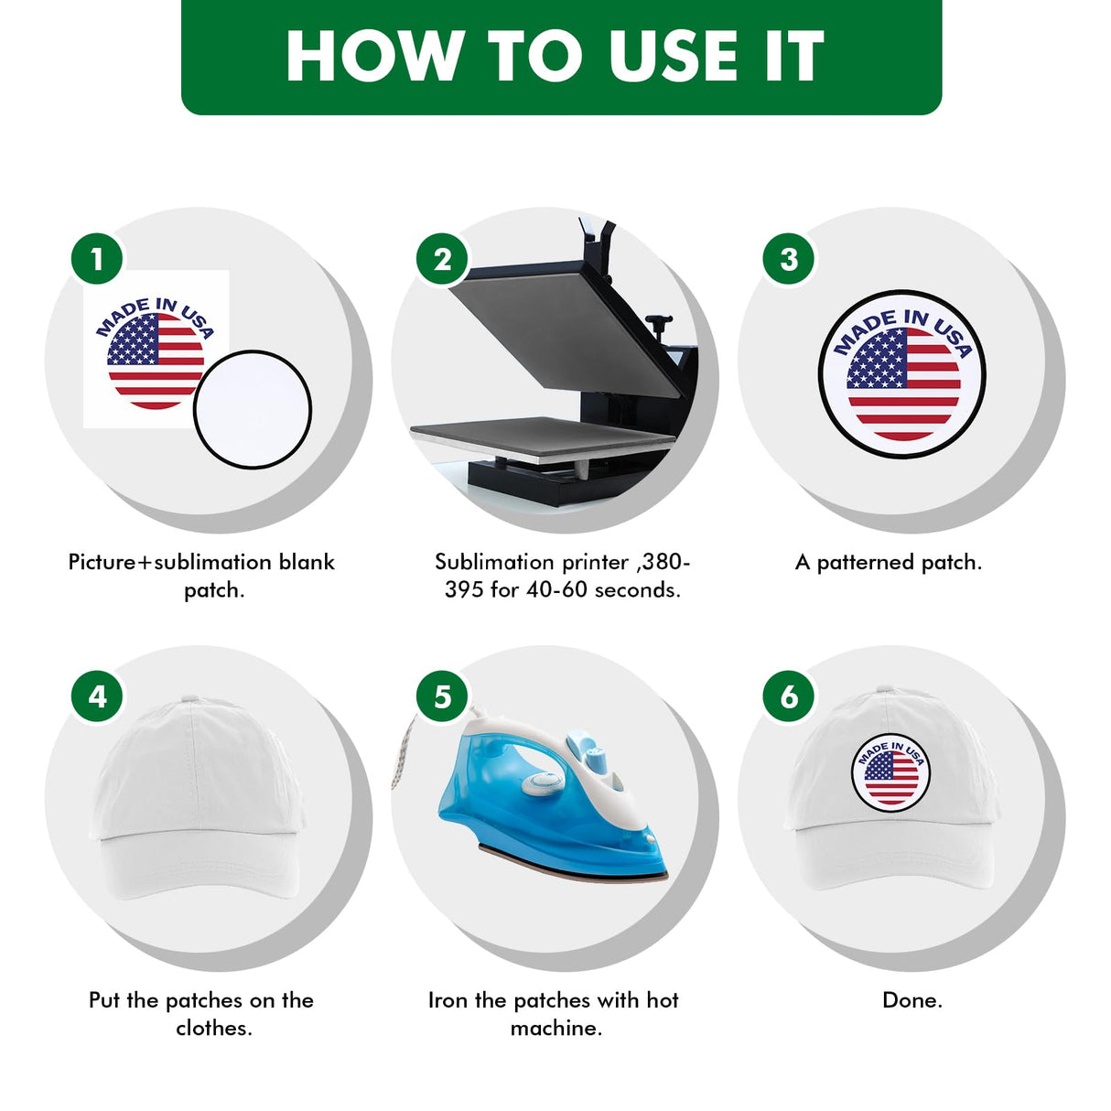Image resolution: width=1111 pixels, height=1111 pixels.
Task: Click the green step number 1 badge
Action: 97,258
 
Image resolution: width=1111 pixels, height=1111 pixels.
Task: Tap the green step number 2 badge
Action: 442,258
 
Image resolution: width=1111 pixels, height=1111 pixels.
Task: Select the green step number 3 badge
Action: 788,258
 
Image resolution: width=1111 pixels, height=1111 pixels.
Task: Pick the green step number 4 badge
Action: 97,696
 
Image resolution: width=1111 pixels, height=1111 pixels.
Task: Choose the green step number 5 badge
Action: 442,696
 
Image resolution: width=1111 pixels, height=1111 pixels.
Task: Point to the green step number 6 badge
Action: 788,696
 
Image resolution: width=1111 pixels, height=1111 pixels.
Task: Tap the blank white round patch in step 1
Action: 252,409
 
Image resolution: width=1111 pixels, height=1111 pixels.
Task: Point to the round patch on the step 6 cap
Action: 890,773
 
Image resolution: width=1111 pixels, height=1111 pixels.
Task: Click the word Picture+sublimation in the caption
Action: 168,562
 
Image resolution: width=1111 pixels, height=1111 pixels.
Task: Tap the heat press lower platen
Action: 542,438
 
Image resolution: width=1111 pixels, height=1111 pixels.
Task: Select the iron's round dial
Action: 541,782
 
